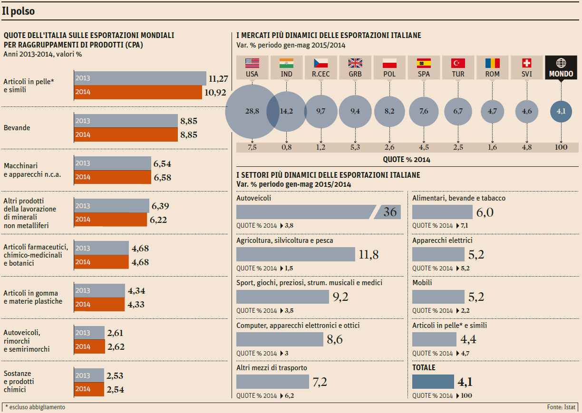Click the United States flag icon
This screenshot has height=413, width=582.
coord(252,63)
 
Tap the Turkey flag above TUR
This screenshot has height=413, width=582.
coord(458,63)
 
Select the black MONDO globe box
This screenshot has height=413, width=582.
coord(561,67)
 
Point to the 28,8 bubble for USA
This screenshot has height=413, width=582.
coord(252,111)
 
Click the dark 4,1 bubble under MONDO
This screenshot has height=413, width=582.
coord(561,111)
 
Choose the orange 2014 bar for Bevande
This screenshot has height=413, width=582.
coord(126,134)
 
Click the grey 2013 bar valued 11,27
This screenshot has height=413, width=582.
coord(140,78)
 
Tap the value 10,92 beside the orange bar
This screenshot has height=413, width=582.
coord(215,92)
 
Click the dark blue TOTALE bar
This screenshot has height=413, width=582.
coord(433,382)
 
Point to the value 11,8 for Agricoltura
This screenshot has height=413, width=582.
coord(369,255)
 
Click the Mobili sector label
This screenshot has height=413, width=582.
coord(422,283)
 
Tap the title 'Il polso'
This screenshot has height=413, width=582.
coord(19,11)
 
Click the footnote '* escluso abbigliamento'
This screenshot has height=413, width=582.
coord(35,407)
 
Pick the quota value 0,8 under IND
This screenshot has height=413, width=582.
coord(287,147)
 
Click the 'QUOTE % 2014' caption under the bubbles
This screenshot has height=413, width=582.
coord(406,160)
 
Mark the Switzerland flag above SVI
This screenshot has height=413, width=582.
coord(526,63)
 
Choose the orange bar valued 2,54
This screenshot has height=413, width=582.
coord(89,389)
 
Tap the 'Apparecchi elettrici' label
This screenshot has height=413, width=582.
coord(442,240)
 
